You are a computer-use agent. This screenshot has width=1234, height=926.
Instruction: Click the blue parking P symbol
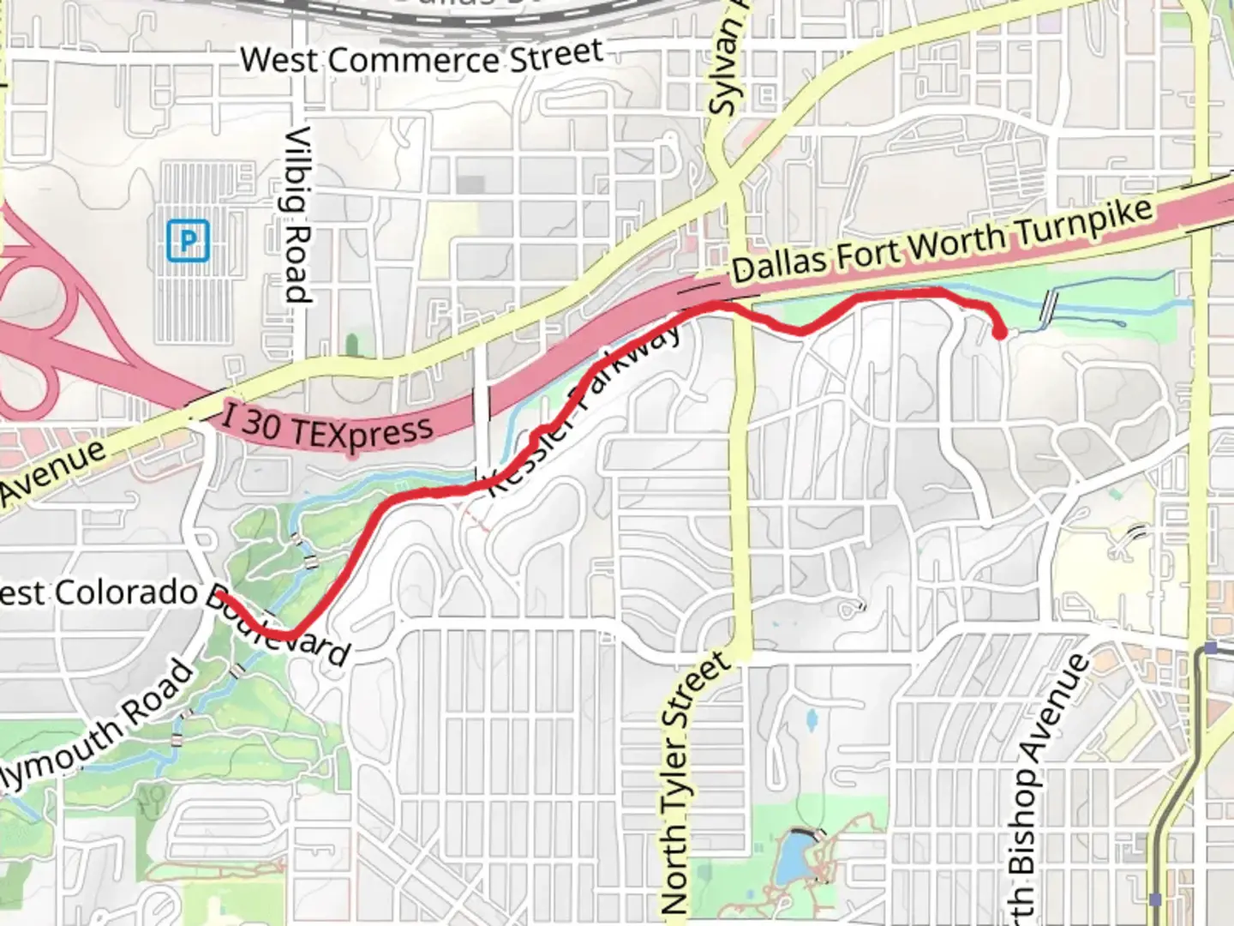pyautogui.click(x=188, y=240)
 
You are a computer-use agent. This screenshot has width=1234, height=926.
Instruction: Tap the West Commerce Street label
pyautogui.click(x=422, y=58)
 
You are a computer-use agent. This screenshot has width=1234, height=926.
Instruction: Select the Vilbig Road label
pyautogui.click(x=297, y=214)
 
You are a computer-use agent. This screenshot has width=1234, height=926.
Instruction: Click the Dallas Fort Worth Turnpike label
pyautogui.click(x=943, y=241)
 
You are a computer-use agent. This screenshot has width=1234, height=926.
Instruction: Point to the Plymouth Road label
pyautogui.click(x=99, y=720)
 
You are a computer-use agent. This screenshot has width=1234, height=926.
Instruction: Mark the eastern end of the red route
pyautogui.click(x=1000, y=334)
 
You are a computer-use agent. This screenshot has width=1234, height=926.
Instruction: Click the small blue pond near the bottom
pyautogui.click(x=794, y=856)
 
